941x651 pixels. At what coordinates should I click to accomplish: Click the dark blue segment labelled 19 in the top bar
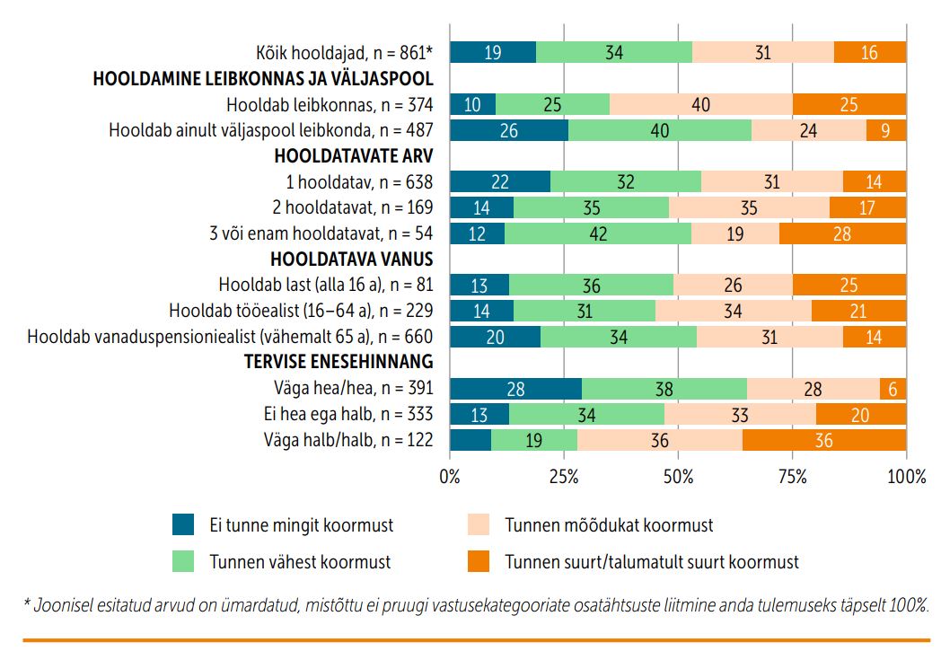pyautogui.click(x=492, y=52)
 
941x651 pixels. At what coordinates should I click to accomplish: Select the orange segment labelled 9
pyautogui.click(x=886, y=130)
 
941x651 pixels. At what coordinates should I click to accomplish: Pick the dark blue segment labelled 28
pyautogui.click(x=515, y=389)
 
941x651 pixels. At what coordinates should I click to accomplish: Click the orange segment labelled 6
pyautogui.click(x=893, y=389)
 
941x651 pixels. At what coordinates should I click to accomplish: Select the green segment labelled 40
pyautogui.click(x=659, y=130)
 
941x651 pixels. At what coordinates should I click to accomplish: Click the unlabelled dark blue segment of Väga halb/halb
pyautogui.click(x=470, y=440)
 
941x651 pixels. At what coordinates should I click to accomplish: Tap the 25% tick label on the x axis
pyautogui.click(x=563, y=477)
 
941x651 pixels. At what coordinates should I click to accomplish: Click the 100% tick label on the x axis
pyautogui.click(x=905, y=477)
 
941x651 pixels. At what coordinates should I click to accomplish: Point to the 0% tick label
pyautogui.click(x=450, y=477)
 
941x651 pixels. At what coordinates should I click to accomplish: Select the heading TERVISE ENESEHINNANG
pyautogui.click(x=339, y=362)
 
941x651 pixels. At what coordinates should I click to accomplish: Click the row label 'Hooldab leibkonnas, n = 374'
pyautogui.click(x=330, y=104)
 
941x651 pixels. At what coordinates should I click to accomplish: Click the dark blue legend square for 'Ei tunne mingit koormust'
pyautogui.click(x=183, y=524)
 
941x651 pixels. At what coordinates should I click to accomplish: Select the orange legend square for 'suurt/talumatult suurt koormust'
pyautogui.click(x=479, y=562)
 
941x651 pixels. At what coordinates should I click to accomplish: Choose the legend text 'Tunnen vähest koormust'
pyautogui.click(x=300, y=562)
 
